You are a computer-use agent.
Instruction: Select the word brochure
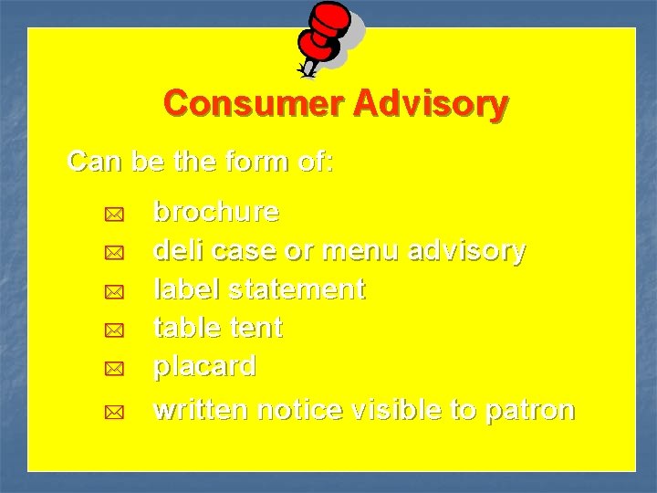click(x=216, y=213)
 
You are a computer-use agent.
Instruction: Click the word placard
click(x=205, y=366)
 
